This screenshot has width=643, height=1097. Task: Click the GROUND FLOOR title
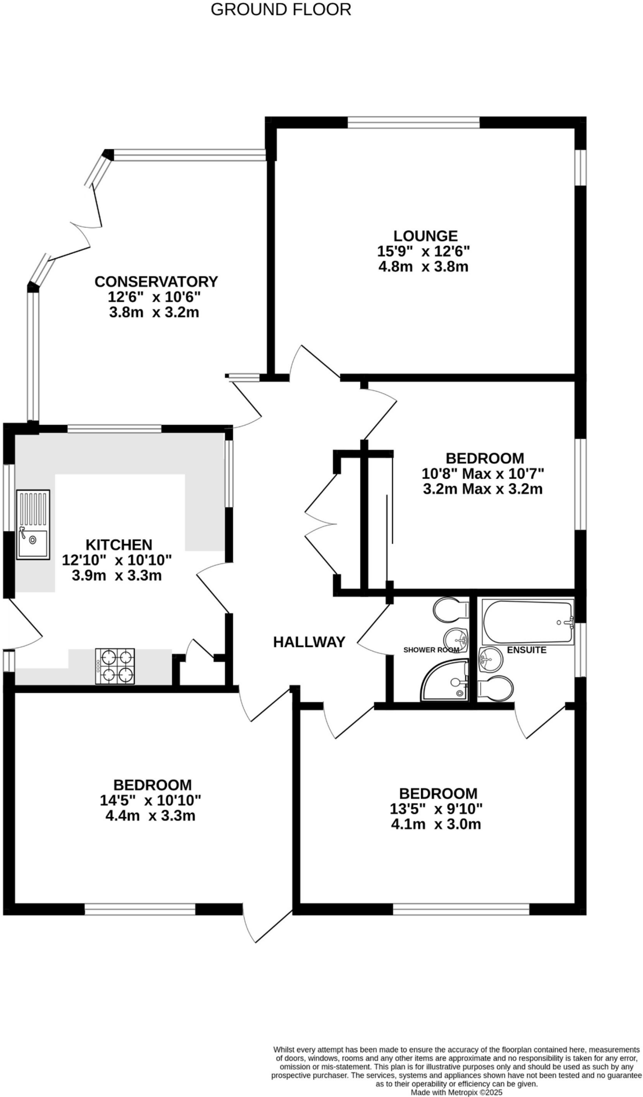281,10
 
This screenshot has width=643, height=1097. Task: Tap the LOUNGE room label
425,236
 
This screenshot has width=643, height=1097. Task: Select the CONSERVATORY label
156,281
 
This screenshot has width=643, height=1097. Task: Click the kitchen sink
33,525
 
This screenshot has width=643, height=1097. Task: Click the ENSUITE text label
526,650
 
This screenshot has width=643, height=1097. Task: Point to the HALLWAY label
309,642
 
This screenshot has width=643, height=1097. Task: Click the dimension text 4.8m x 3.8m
423,266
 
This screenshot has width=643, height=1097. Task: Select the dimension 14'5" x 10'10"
150,800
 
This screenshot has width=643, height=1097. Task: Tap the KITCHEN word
119,545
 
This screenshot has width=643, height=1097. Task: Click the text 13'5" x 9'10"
436,808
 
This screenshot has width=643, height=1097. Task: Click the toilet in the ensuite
496,688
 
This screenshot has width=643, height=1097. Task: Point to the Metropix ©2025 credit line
457,1092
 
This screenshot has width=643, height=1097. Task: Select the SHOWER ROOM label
431,650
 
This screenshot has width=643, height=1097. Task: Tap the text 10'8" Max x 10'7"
482,474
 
